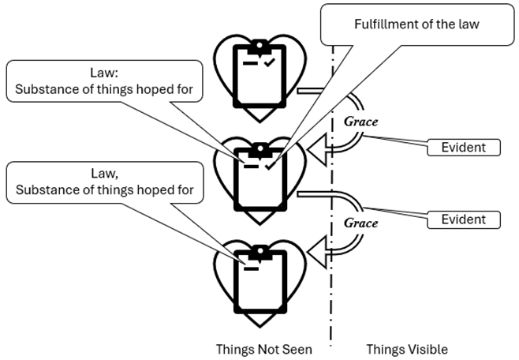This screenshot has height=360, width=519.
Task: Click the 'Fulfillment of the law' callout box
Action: [x=416, y=24]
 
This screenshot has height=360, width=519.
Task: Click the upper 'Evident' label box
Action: [x=464, y=147]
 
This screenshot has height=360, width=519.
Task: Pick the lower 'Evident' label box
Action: [x=464, y=219]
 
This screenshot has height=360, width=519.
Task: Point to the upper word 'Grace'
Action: [x=360, y=122]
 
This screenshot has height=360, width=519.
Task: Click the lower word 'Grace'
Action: [x=360, y=223]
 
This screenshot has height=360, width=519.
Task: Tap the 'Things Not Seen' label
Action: [x=263, y=349]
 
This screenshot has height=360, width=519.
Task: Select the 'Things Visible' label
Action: [x=406, y=349]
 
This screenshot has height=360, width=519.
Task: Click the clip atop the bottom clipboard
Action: [x=258, y=252]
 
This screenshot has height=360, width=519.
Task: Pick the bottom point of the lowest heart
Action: [x=258, y=326]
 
